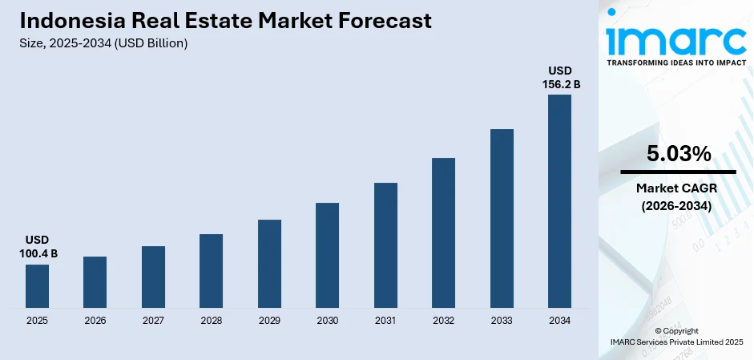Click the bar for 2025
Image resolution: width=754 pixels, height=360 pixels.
click(x=37, y=286)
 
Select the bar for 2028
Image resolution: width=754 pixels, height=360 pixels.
click(x=211, y=271)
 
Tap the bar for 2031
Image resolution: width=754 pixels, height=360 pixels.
click(x=385, y=245)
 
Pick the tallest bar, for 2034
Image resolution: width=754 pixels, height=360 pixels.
click(x=559, y=201)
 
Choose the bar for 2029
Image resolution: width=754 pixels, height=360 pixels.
click(x=269, y=264)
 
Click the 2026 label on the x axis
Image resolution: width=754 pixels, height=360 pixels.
click(x=95, y=321)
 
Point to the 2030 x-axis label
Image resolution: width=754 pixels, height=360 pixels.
click(x=327, y=321)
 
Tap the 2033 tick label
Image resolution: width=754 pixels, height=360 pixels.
click(x=502, y=321)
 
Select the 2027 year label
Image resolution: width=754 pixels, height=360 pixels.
click(x=153, y=321)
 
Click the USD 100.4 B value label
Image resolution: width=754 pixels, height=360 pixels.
click(x=37, y=247)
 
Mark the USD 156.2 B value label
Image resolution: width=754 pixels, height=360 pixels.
click(x=559, y=77)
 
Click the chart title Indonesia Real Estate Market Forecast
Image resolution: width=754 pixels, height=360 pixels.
click(x=225, y=21)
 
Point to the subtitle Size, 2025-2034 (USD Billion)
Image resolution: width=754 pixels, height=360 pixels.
click(x=103, y=43)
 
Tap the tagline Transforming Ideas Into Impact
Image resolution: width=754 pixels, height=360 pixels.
click(x=676, y=62)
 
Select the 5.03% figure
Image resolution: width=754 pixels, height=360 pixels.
click(x=678, y=154)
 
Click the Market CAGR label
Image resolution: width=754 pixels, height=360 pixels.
click(x=678, y=188)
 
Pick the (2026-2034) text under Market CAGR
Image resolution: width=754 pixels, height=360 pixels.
click(x=678, y=205)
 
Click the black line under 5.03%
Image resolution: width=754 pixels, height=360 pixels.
click(x=678, y=172)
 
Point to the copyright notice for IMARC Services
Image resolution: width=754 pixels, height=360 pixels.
click(x=676, y=337)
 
